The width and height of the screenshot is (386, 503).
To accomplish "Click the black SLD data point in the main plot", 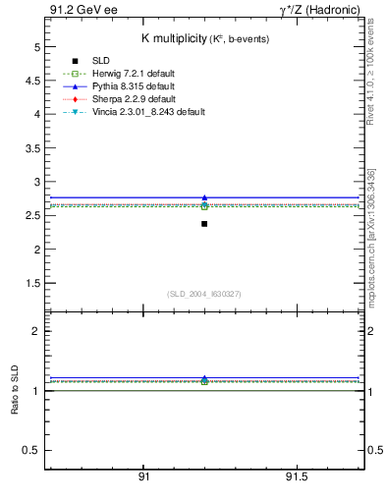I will point(204,224).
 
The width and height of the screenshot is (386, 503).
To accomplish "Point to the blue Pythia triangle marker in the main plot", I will point(204,197).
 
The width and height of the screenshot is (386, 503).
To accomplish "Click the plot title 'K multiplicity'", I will point(173,38).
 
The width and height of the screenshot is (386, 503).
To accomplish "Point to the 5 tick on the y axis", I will point(36,46).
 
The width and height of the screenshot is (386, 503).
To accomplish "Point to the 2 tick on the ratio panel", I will point(36,331).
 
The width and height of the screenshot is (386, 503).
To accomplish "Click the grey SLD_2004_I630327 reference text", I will point(204,294).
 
